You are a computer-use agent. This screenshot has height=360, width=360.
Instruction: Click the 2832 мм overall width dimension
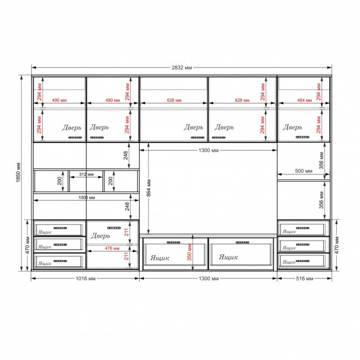pyautogui.click(x=182, y=68)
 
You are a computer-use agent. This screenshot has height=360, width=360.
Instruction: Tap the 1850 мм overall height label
pyautogui.click(x=18, y=172)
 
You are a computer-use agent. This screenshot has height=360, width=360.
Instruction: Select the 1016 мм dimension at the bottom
pyautogui.click(x=86, y=279)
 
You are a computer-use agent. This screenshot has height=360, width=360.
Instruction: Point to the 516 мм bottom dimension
pyautogui.click(x=305, y=279)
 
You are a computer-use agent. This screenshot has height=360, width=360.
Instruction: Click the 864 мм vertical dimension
pyautogui.click(x=148, y=188)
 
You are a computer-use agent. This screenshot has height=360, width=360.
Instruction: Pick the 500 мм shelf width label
pyautogui.click(x=304, y=171)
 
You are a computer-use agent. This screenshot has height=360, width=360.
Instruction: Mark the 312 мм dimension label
pyautogui.click(x=86, y=174)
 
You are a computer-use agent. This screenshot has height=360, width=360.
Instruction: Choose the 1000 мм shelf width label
pyautogui.click(x=86, y=198)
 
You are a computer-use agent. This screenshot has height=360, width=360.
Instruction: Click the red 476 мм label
pyautogui.click(x=112, y=248)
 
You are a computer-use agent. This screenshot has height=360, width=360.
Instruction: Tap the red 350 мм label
pyautogui.click(x=189, y=253)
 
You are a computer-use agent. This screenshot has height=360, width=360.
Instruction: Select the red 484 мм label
pyautogui.click(x=305, y=100)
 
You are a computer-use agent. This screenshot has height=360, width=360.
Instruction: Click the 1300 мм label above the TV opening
pyautogui.click(x=208, y=151)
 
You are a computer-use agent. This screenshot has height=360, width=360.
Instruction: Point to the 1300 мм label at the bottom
pyautogui.click(x=208, y=279)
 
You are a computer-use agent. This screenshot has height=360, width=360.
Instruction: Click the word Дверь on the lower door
pyautogui.click(x=100, y=236)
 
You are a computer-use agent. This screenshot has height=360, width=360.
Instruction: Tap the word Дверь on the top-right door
pyautogui.click(x=292, y=127)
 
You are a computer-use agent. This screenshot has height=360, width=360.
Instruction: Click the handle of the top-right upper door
pyautogui.click(x=302, y=137)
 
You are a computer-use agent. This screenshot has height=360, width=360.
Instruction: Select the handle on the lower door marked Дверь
pyautogui.click(x=114, y=228)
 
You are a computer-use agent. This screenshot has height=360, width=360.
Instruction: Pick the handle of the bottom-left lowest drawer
pyautogui.click(x=60, y=261)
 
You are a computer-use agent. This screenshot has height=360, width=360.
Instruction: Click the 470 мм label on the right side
pyautogui.click(x=337, y=245)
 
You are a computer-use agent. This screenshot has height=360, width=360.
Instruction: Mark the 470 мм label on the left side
pyautogui.click(x=28, y=245)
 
